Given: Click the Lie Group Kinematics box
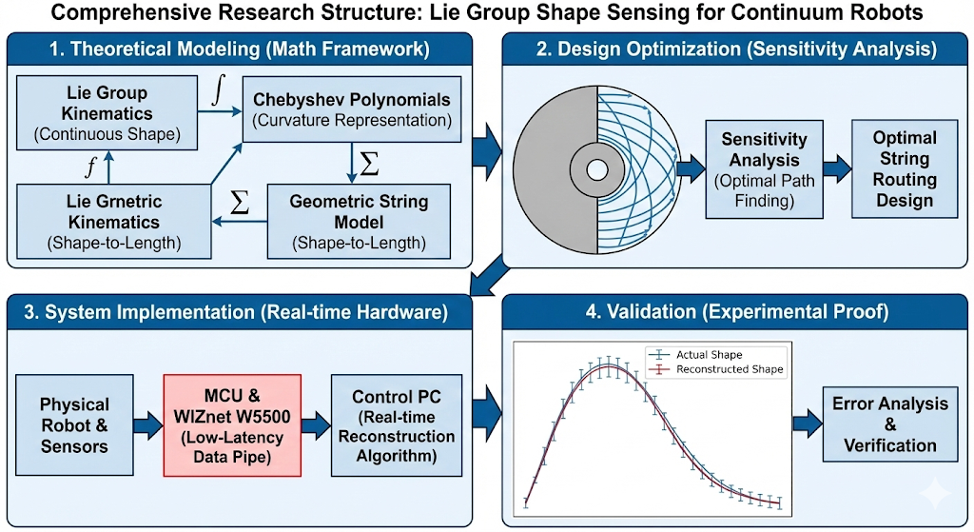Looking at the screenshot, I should pyautogui.click(x=107, y=113).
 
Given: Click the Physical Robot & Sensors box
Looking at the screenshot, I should pyautogui.click(x=75, y=424).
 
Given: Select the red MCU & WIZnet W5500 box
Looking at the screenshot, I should pyautogui.click(x=232, y=424).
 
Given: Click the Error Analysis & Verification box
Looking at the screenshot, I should pyautogui.click(x=890, y=424).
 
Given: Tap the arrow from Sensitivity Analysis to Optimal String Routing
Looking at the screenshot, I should pyautogui.click(x=837, y=168).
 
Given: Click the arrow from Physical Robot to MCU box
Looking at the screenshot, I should pyautogui.click(x=146, y=424).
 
